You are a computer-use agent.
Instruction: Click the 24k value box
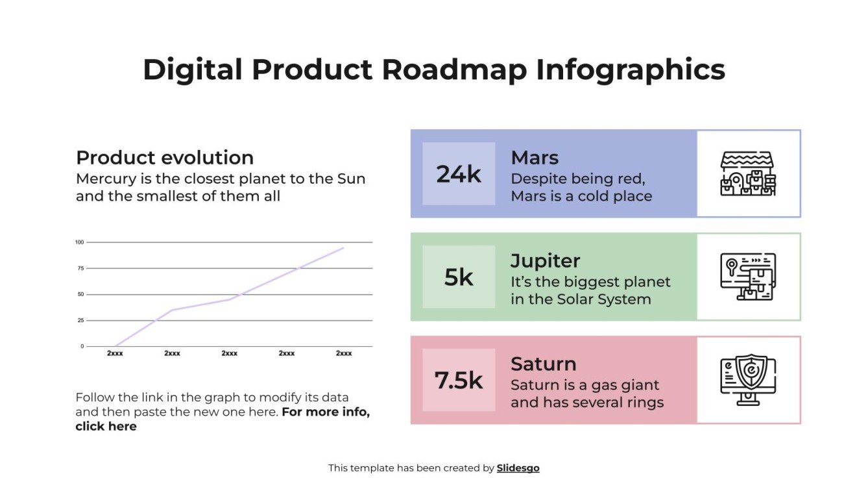tap(459, 174)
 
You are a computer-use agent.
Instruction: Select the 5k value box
tap(459, 277)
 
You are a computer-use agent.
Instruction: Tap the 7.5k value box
tap(459, 380)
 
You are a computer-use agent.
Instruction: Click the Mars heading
tap(535, 158)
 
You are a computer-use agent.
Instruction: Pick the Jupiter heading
tap(545, 261)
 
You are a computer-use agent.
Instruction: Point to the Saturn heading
tap(543, 364)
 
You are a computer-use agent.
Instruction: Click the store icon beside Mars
tap(748, 173)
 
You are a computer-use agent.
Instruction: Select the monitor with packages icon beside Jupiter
tap(748, 277)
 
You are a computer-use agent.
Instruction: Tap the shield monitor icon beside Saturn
tap(748, 380)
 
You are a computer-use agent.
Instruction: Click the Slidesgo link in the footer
tap(518, 468)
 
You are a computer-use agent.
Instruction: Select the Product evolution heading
tap(165, 158)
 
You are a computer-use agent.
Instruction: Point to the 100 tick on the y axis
tap(80, 242)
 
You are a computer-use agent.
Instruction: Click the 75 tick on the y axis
tap(80, 268)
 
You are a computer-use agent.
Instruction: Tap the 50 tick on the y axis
tap(80, 294)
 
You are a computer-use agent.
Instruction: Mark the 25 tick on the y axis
tap(80, 320)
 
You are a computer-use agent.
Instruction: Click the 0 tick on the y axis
tap(82, 346)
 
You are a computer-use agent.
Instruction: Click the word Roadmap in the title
tap(454, 70)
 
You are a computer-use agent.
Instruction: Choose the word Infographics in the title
tap(630, 70)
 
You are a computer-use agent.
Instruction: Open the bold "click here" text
tap(106, 427)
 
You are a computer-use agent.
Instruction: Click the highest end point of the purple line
tap(343, 247)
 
